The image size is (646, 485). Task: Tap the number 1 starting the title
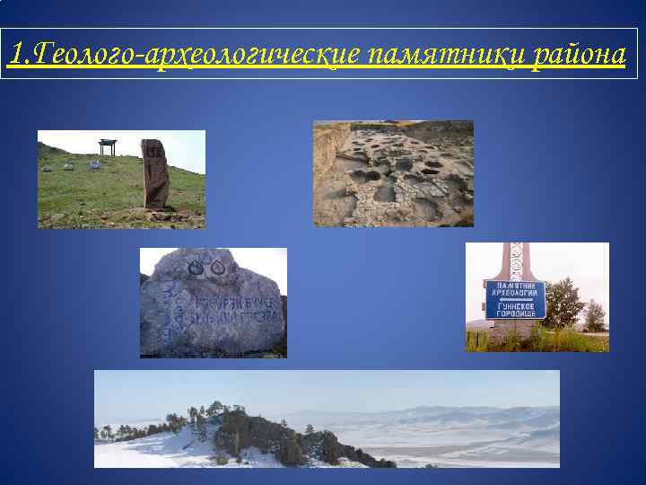click(x=14, y=54)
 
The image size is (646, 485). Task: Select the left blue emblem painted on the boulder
click(x=195, y=267)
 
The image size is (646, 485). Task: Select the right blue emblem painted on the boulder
click(x=215, y=267)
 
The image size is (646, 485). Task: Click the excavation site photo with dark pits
click(x=393, y=173)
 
